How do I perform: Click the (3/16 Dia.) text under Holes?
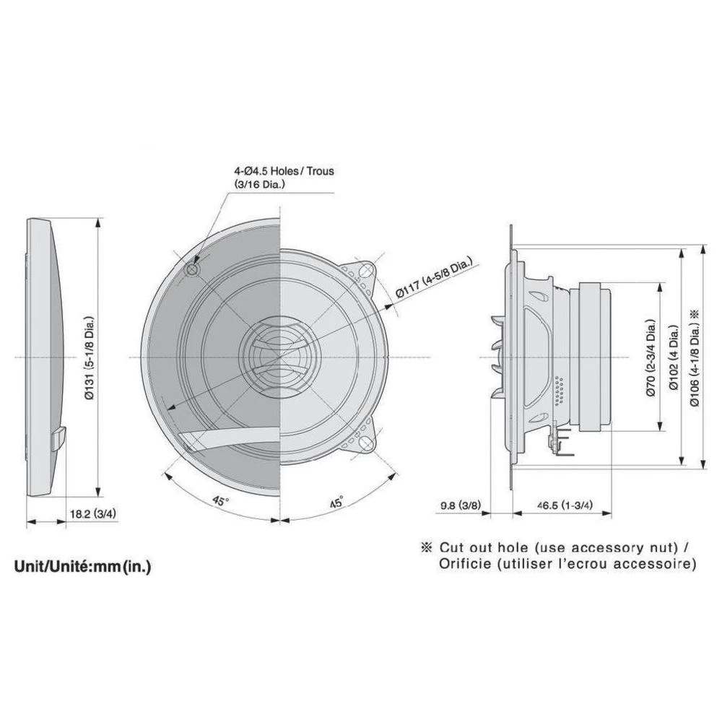pyautogui.click(x=258, y=184)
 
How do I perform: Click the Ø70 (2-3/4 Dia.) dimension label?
pyautogui.click(x=651, y=357)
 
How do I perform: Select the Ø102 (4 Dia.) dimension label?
pyautogui.click(x=674, y=357)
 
